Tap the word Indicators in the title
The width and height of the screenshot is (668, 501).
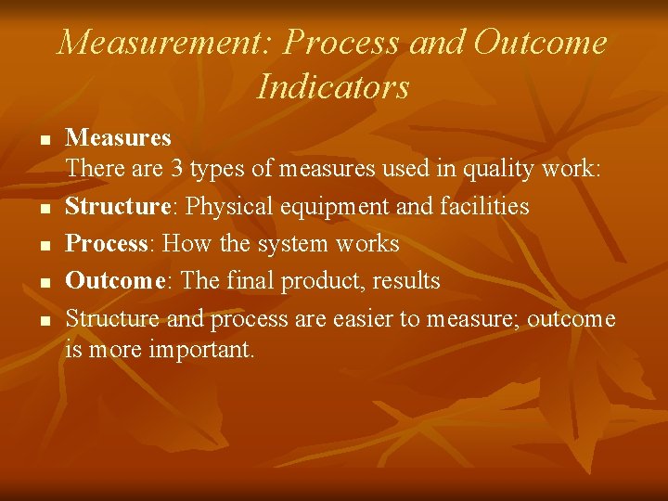(x=333, y=86)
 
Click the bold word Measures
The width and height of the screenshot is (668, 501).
(x=119, y=138)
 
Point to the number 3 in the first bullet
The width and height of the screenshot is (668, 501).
(x=175, y=169)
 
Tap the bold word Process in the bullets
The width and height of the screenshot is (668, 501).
(x=108, y=243)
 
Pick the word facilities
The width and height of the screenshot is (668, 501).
(x=486, y=206)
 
